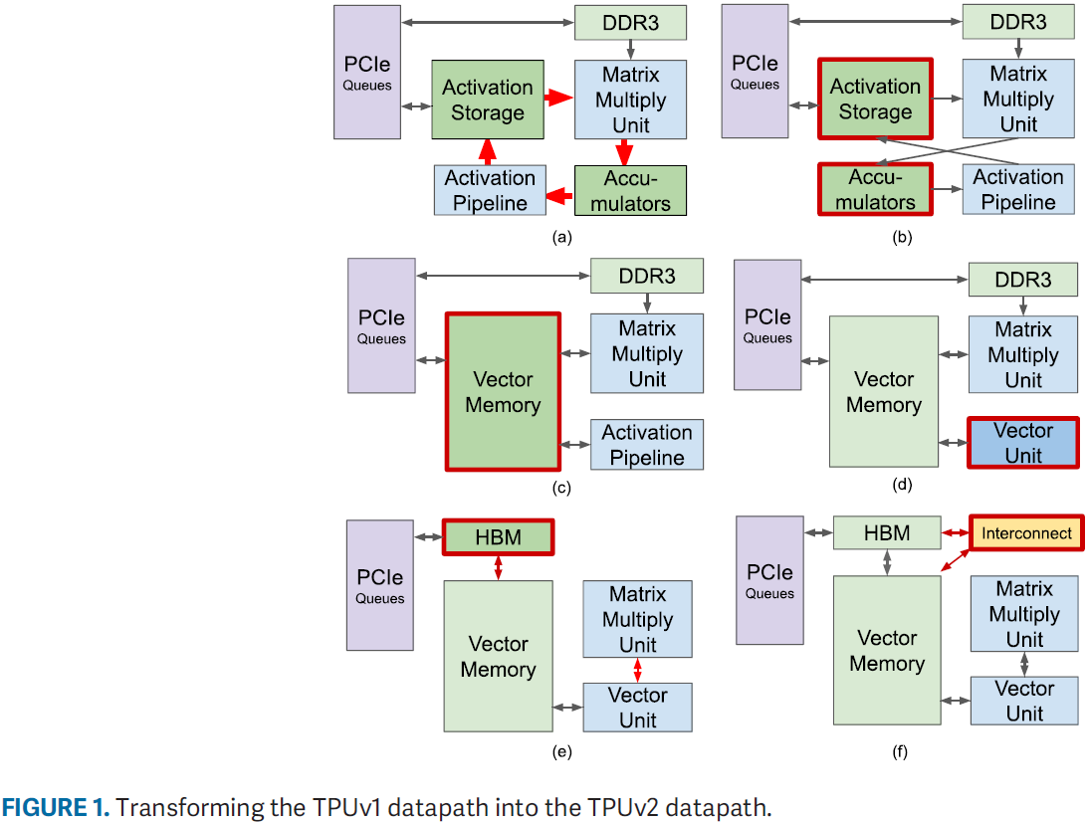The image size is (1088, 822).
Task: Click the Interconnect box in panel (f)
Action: (1026, 533)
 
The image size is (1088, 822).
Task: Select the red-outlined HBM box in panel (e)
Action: (498, 537)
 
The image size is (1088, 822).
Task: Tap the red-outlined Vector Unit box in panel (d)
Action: (1022, 443)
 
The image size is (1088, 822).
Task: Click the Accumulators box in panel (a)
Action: (630, 191)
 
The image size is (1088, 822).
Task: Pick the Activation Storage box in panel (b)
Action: (875, 100)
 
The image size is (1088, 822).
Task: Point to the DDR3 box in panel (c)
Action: (647, 276)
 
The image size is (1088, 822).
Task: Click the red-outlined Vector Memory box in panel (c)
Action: (503, 392)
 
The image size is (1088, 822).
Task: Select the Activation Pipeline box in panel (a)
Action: (490, 190)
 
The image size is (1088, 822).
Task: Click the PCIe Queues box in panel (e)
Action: (379, 585)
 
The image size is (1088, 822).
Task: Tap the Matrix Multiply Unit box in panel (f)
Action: (1023, 614)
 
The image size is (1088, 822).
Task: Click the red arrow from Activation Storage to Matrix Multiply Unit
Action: (560, 98)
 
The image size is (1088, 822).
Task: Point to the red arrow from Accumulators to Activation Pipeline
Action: (560, 191)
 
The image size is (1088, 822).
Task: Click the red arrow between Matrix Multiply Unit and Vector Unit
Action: (637, 670)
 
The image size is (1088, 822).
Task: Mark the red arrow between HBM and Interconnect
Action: (956, 533)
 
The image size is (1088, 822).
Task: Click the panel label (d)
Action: (902, 487)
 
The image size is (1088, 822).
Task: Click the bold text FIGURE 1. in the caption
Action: (55, 807)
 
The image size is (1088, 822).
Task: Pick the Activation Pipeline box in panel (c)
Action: (647, 445)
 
